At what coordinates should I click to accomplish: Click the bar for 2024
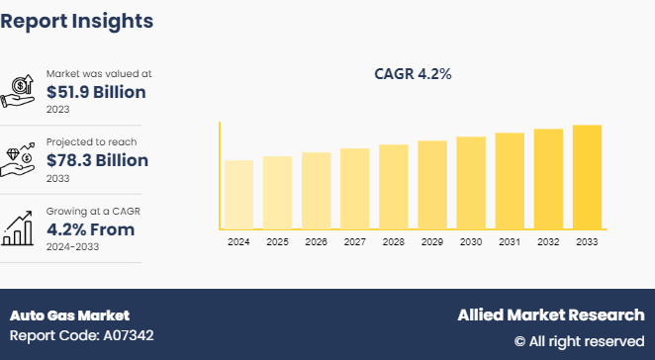point(238,194)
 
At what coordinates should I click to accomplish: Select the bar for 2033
point(587,177)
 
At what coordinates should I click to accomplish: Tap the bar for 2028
point(394,187)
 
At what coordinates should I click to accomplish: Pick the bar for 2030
point(471,183)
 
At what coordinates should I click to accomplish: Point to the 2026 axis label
point(316,241)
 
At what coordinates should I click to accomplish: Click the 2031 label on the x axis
point(510,241)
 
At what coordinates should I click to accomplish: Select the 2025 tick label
point(277,241)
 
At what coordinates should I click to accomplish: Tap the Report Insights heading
point(76,20)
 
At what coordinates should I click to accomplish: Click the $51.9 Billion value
point(96,92)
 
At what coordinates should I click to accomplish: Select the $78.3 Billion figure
point(97,160)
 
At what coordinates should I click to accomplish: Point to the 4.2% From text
point(90,229)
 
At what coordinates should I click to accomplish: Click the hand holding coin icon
point(22,91)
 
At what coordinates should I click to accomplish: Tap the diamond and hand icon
point(22,159)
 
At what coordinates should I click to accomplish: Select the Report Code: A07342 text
point(81,336)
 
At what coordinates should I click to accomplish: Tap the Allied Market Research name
point(550,315)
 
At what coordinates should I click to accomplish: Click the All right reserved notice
point(579,341)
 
